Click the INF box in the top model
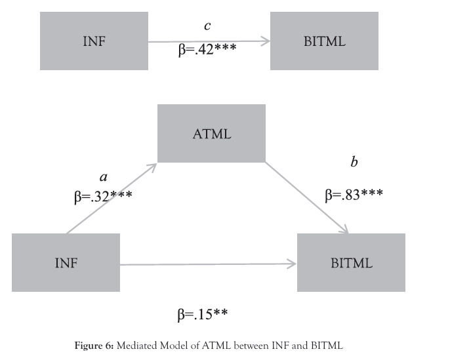coord(94,41)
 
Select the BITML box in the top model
coord(325,41)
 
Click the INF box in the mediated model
coord(66,263)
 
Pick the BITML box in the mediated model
coord(351,263)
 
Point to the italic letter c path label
coord(207,26)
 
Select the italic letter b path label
coord(354,162)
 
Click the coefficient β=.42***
coord(207,50)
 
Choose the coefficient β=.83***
coord(354,194)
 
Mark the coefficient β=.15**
coord(202,315)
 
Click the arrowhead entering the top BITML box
coord(266,41)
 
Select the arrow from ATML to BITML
coord(306,197)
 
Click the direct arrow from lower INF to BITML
coord(209,264)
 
